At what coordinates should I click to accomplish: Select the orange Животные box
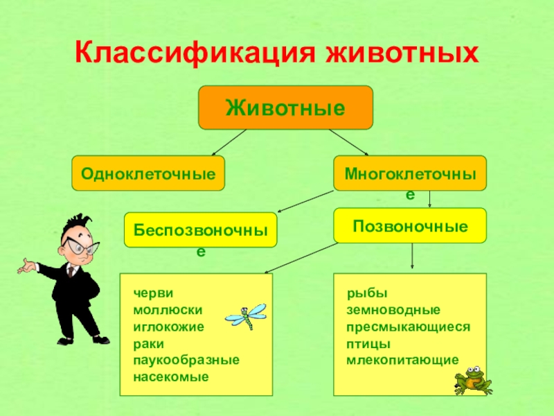coord(285,107)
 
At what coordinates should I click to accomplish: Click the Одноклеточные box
coord(148,173)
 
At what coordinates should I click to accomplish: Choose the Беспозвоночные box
coord(200,229)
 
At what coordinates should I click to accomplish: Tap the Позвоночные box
coord(410,225)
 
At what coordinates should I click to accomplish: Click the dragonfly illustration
coord(246,317)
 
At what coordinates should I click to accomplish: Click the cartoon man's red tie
coord(70,271)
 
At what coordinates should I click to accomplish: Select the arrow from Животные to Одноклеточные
coord(229,142)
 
